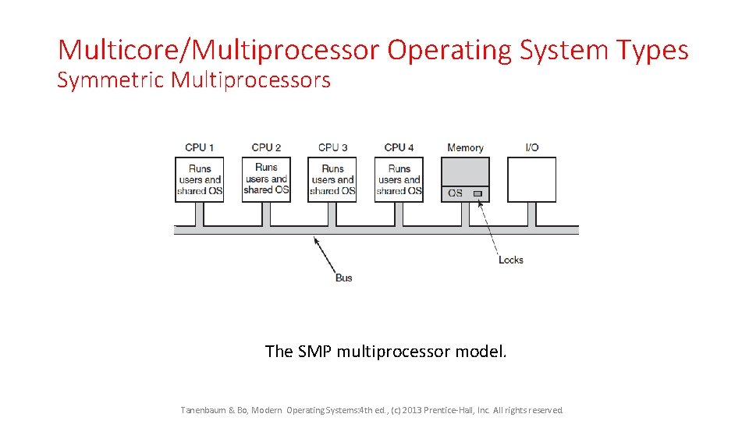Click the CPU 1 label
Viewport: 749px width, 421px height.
point(199,147)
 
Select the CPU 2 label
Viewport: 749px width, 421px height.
point(266,147)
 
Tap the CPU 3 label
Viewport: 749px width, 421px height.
point(332,147)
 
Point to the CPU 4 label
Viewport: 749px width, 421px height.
point(399,147)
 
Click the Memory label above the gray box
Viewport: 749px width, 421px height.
point(465,147)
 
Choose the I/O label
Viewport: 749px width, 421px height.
point(531,147)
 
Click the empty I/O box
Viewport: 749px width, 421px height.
point(531,179)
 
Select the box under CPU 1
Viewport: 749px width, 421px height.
point(199,179)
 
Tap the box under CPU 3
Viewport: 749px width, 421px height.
point(332,179)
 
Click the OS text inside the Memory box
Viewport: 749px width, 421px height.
point(455,193)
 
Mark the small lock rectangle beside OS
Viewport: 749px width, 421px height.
point(477,193)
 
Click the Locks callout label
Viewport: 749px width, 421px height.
point(510,260)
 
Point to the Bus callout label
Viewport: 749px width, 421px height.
point(343,278)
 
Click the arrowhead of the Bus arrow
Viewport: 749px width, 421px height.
point(316,239)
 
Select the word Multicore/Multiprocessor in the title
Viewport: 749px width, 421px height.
point(218,50)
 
